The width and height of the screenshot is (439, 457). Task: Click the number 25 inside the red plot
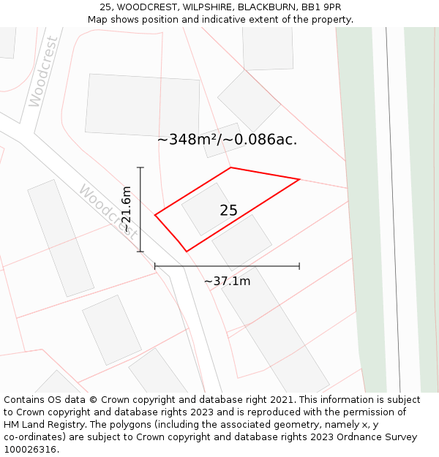point(228,211)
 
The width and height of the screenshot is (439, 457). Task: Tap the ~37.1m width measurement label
point(227,282)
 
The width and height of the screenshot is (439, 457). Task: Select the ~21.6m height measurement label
point(126,209)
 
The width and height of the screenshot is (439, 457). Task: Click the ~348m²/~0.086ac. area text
point(227,140)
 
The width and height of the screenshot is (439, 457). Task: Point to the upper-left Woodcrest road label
point(43,72)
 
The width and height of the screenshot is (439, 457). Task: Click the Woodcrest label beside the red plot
point(108,212)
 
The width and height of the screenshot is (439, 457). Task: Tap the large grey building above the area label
point(143,105)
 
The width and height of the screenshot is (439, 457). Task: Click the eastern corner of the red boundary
point(300,179)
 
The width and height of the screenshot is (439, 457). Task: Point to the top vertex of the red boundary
point(231,167)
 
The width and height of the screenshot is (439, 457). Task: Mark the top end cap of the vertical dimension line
point(140,167)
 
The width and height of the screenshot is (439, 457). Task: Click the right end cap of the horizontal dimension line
point(299,266)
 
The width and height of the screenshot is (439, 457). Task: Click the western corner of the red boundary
point(155,215)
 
